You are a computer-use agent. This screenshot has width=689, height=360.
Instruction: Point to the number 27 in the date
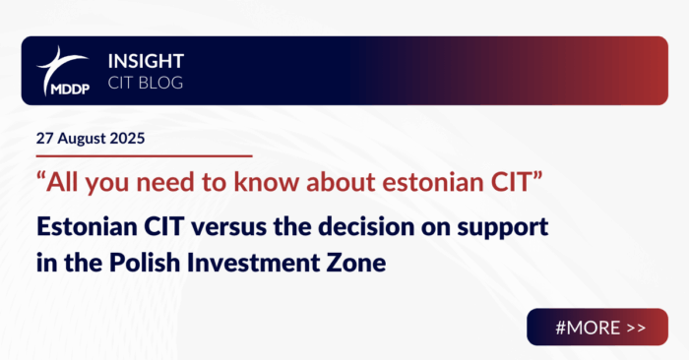click(43, 138)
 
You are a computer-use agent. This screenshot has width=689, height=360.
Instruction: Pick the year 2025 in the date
click(127, 138)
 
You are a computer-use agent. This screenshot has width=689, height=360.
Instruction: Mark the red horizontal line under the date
click(143, 155)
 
